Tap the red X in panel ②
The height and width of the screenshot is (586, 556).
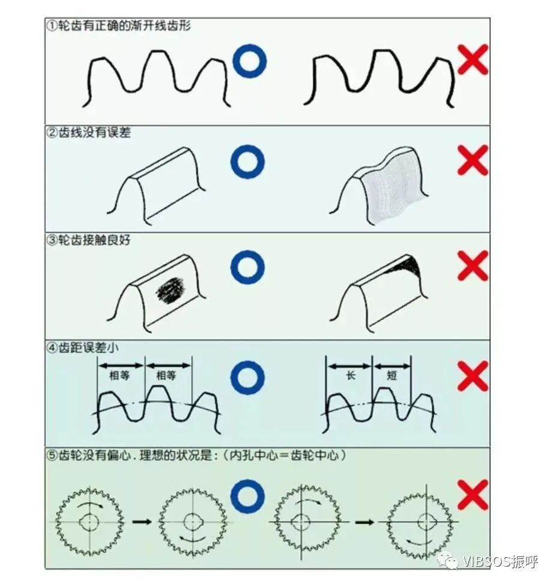[473, 160]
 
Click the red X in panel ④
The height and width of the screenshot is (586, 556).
[473, 376]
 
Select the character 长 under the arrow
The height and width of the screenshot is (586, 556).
[350, 375]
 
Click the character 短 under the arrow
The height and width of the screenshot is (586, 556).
[391, 375]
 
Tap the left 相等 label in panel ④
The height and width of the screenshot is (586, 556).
[119, 375]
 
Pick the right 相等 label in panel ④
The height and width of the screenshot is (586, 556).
[166, 375]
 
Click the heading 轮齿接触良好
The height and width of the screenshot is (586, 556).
[94, 240]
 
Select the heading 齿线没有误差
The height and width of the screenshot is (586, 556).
[94, 133]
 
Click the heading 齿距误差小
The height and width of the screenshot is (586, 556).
[88, 348]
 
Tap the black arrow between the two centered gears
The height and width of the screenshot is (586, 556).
[142, 521]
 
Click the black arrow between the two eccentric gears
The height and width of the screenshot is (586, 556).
[364, 522]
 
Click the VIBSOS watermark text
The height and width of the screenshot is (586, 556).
[500, 561]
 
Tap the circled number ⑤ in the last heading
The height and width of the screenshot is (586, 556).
[53, 456]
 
